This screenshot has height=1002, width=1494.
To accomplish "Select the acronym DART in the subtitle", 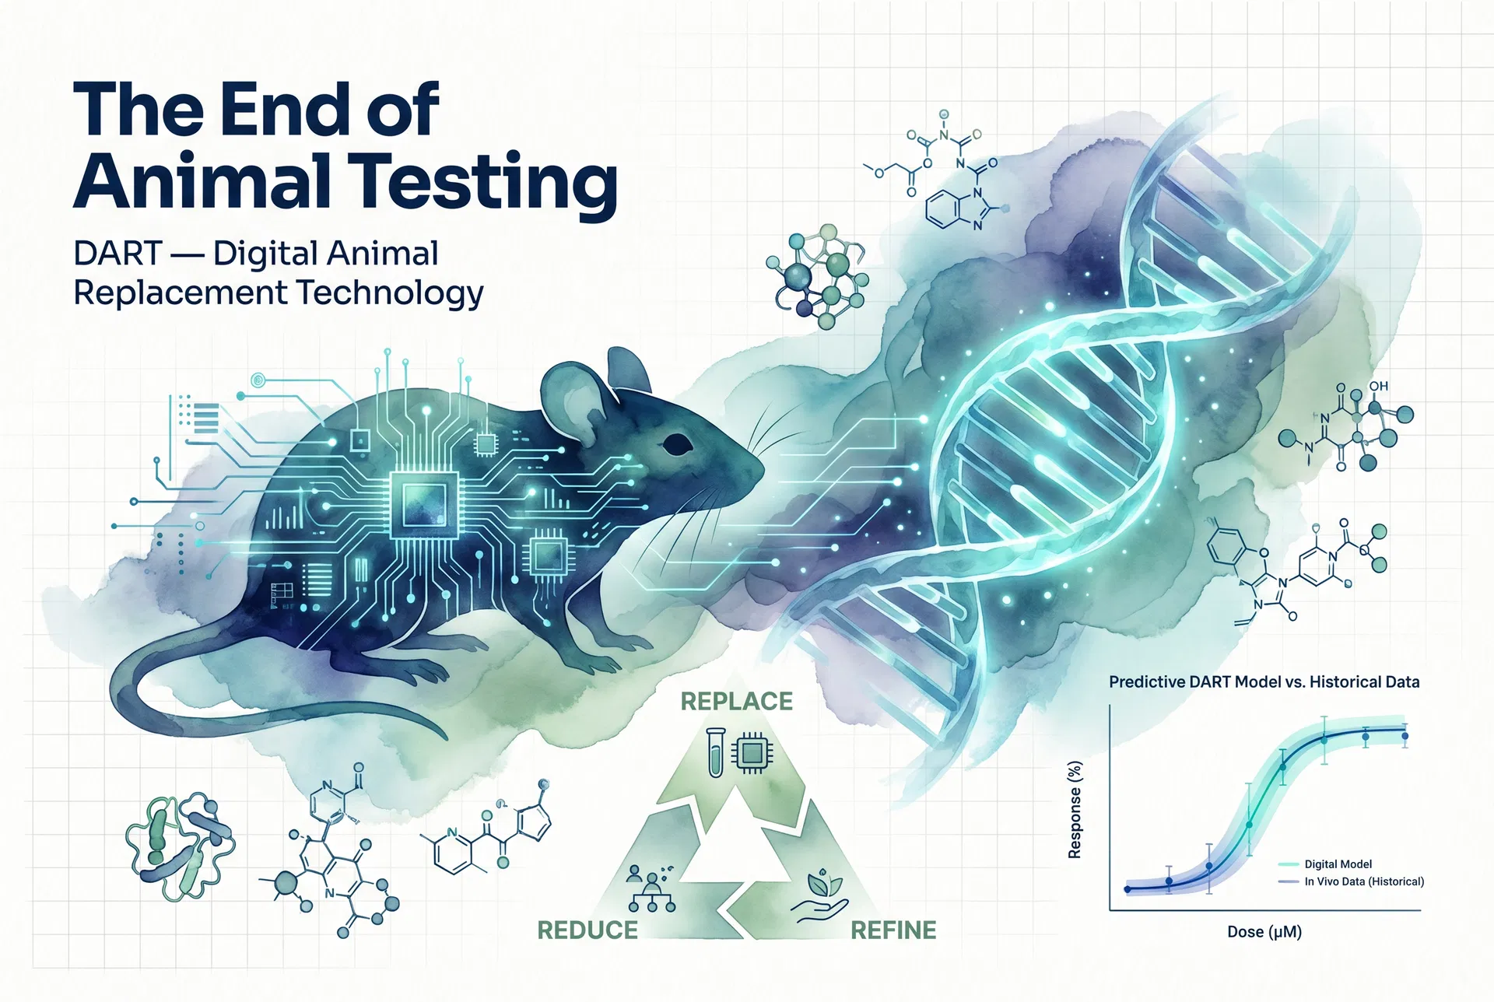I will [117, 254].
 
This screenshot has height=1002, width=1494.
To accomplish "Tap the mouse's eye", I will [676, 445].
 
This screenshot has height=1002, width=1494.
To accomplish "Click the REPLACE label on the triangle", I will [736, 701].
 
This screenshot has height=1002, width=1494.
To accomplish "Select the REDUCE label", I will [587, 930].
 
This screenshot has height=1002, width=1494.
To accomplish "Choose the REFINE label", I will [893, 930].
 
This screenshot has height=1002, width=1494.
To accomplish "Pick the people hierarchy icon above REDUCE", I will [651, 888].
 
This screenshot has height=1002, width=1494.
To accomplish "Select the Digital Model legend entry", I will [1337, 864].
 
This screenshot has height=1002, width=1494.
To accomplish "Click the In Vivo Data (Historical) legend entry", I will [1363, 881].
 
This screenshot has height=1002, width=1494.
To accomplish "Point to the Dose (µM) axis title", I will [1264, 932].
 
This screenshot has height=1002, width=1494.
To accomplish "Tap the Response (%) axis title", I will [1075, 809].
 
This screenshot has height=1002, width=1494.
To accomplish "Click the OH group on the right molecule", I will [1378, 386].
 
